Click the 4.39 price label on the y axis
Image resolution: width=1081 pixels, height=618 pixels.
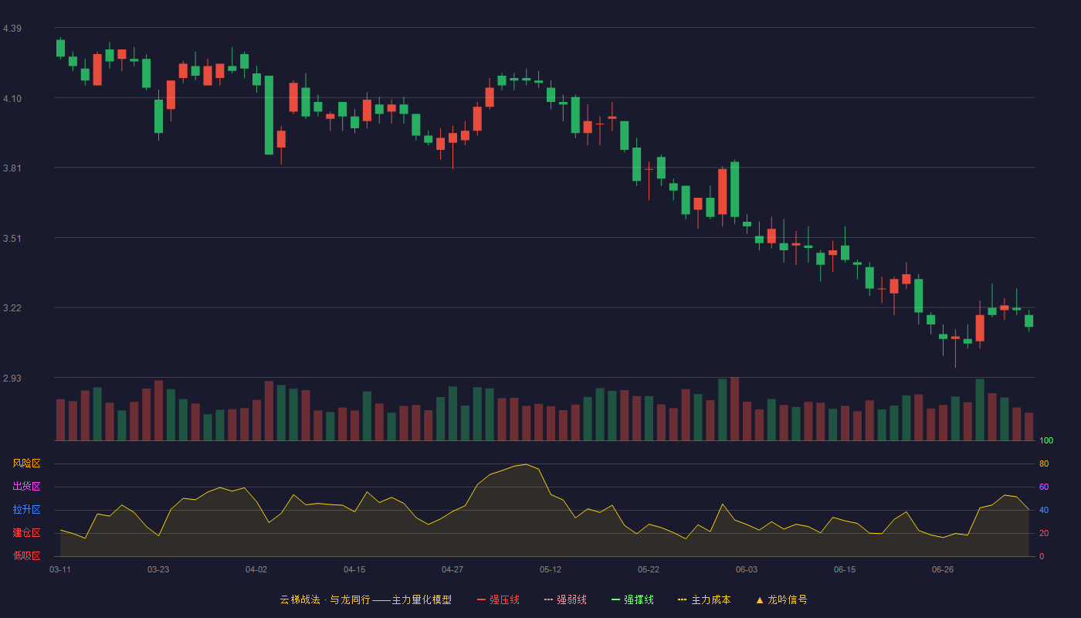coord(12,29)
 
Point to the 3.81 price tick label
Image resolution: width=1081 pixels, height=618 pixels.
coord(12,168)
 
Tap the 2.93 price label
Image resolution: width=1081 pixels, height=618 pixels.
coord(12,378)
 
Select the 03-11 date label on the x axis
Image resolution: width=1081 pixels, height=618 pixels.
coord(60,570)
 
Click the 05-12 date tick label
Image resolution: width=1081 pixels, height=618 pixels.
coord(550,570)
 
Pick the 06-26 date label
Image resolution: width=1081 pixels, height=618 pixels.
coord(943,570)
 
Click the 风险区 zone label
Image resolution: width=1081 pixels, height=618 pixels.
coord(26,463)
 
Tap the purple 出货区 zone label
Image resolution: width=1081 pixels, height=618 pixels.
coord(26,486)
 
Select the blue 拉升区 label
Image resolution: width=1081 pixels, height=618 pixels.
coord(26,509)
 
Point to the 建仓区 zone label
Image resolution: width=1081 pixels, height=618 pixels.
coord(26,532)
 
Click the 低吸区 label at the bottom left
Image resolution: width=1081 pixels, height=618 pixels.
coord(26,555)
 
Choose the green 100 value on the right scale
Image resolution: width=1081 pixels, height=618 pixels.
coord(1046,440)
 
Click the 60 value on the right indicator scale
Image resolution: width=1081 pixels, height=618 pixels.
coord(1044,487)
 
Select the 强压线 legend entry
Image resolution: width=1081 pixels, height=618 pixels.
coord(498,599)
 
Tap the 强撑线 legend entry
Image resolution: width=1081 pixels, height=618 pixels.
coord(632,599)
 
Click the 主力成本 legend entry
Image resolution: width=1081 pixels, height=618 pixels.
coord(704,599)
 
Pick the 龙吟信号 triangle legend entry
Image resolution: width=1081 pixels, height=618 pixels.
coord(781,599)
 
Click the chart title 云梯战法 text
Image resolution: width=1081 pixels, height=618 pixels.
coord(300,599)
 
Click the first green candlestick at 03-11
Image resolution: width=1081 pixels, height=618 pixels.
coord(60,48)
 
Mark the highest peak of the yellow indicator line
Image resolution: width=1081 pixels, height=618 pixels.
coord(526,464)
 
